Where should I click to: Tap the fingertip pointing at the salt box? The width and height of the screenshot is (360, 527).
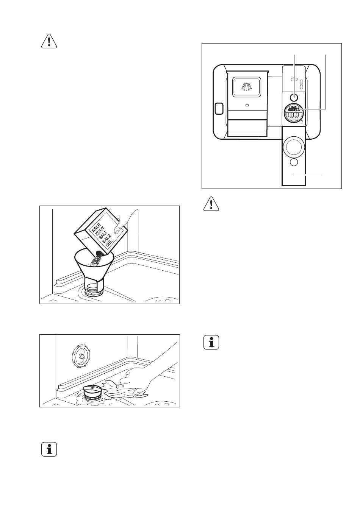coord(120,229)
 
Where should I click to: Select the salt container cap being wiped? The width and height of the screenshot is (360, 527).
coord(93,391)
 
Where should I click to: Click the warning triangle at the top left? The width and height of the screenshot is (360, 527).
coord(49,41)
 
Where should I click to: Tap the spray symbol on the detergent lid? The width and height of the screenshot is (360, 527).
coord(247,87)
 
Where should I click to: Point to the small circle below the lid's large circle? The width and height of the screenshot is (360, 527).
coord(294,162)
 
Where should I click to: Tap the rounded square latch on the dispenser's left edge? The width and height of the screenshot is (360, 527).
coord(219,108)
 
